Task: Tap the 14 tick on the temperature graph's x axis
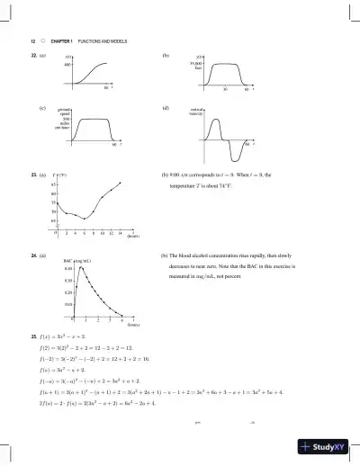pos(119,233)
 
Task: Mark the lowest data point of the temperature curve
pos(85,219)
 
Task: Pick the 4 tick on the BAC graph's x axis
pos(120,319)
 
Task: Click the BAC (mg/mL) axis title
pos(75,261)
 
